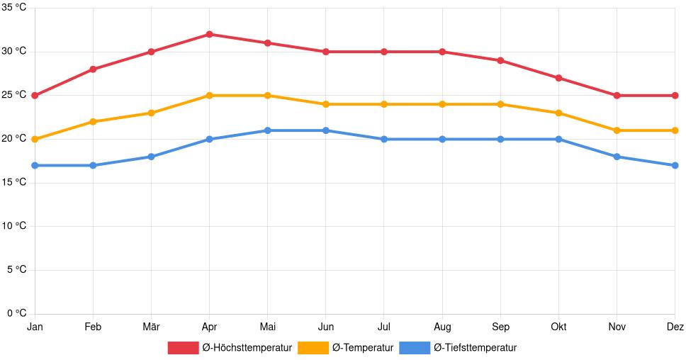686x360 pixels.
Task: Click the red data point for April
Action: point(209,34)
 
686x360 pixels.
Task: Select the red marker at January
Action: point(35,96)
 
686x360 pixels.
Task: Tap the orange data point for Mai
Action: point(267,96)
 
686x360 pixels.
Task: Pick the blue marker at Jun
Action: point(325,130)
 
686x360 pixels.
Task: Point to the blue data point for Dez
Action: point(675,165)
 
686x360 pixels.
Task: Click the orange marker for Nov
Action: point(617,130)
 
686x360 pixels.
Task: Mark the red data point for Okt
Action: point(558,78)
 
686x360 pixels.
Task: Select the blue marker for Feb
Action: point(93,165)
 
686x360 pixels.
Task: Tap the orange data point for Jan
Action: point(35,139)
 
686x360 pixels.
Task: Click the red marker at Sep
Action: point(500,60)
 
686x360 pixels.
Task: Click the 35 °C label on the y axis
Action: point(13,8)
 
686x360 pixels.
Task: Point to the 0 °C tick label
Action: point(16,313)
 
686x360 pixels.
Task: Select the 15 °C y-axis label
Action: point(13,182)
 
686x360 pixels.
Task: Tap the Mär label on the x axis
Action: point(151,327)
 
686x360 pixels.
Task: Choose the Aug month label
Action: point(442,327)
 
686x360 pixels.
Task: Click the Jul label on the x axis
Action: point(383,327)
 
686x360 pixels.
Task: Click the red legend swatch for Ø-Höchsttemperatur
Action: point(183,347)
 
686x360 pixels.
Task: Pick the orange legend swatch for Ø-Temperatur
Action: point(313,347)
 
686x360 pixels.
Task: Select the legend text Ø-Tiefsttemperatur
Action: point(475,347)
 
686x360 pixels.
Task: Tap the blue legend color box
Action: point(415,347)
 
